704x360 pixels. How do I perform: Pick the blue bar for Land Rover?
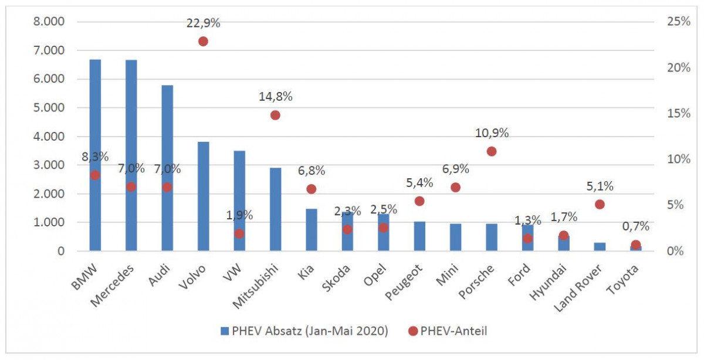600,247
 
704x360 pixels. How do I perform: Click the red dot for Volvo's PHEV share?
203,42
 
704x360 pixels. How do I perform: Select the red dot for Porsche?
492,151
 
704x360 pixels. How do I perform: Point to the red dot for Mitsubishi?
275,115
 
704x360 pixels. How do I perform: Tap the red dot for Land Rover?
600,205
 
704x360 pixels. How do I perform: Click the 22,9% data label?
204,23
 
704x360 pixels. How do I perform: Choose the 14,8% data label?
276,97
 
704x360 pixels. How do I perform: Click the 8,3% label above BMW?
95,157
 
